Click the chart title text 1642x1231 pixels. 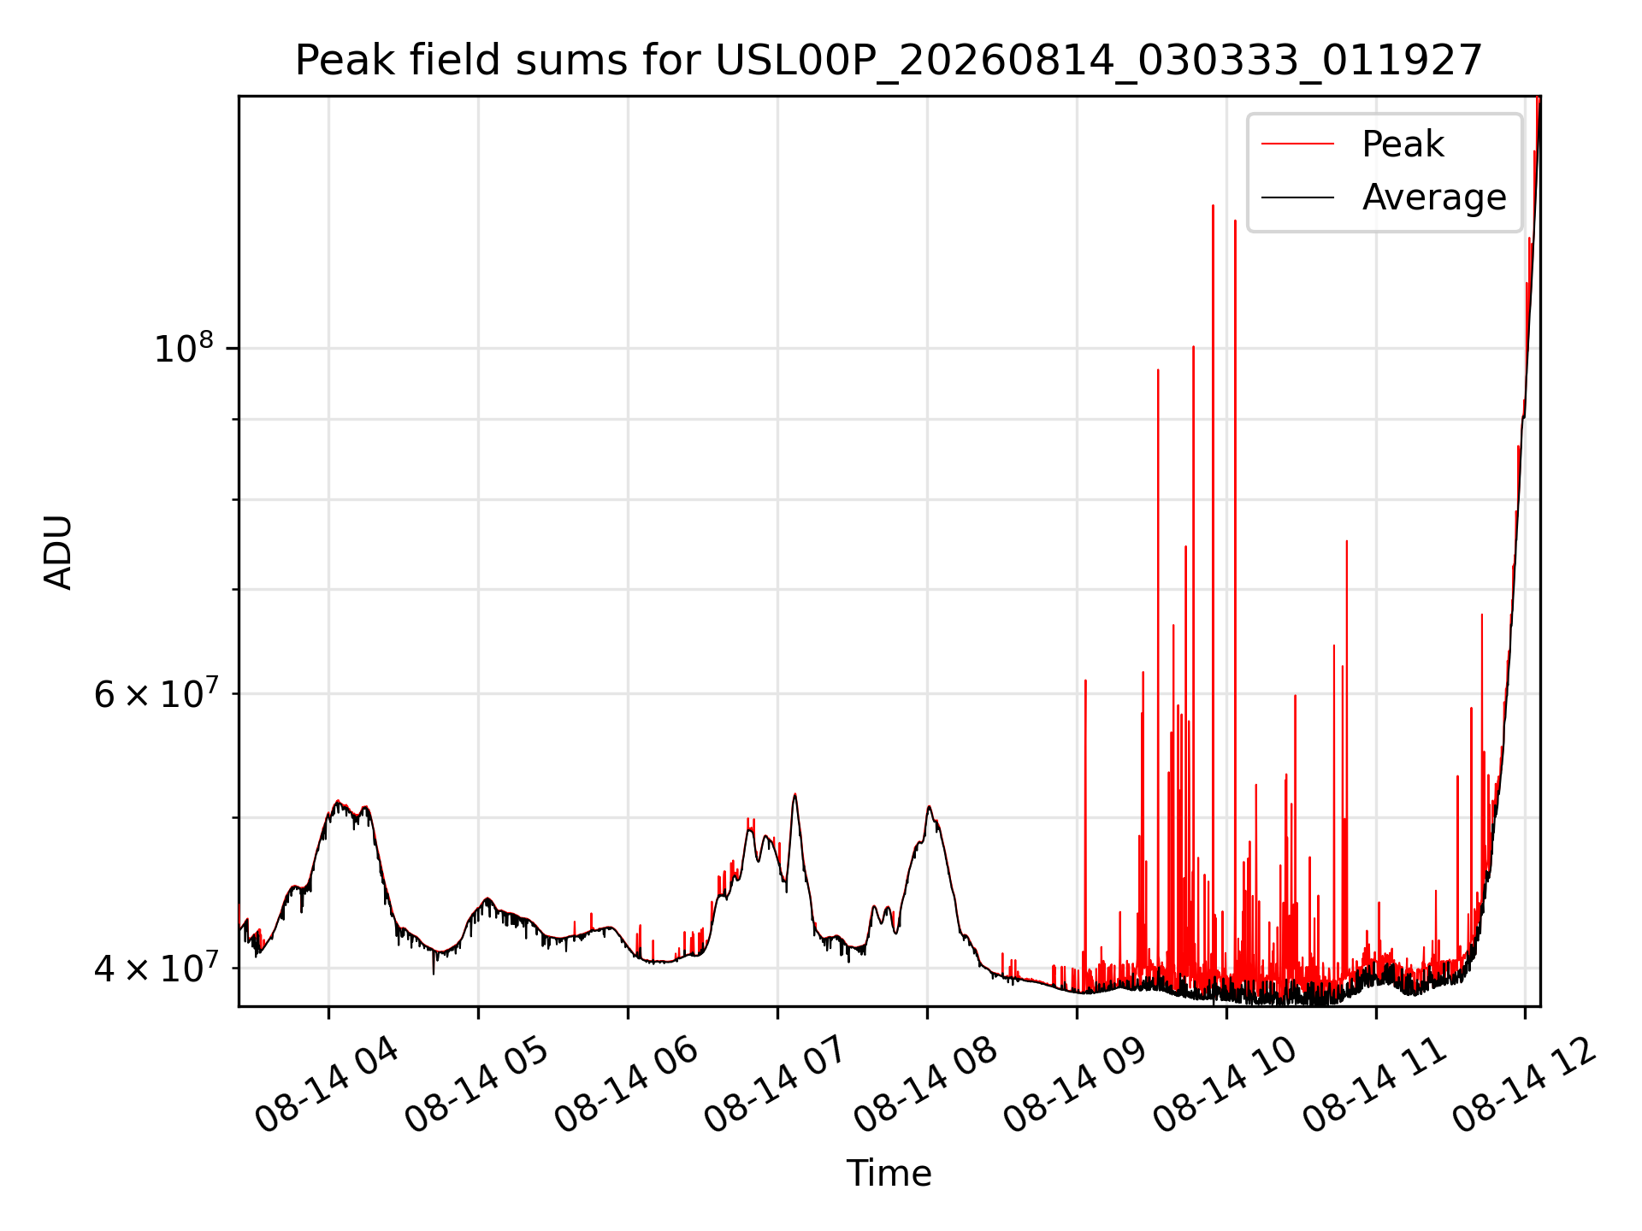(889, 61)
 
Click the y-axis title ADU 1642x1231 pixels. (58, 551)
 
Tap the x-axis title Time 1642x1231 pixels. (889, 1174)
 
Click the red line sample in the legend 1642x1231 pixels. (1297, 144)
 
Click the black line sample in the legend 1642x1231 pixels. (1297, 197)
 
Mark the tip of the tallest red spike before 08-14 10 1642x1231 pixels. (1213, 205)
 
